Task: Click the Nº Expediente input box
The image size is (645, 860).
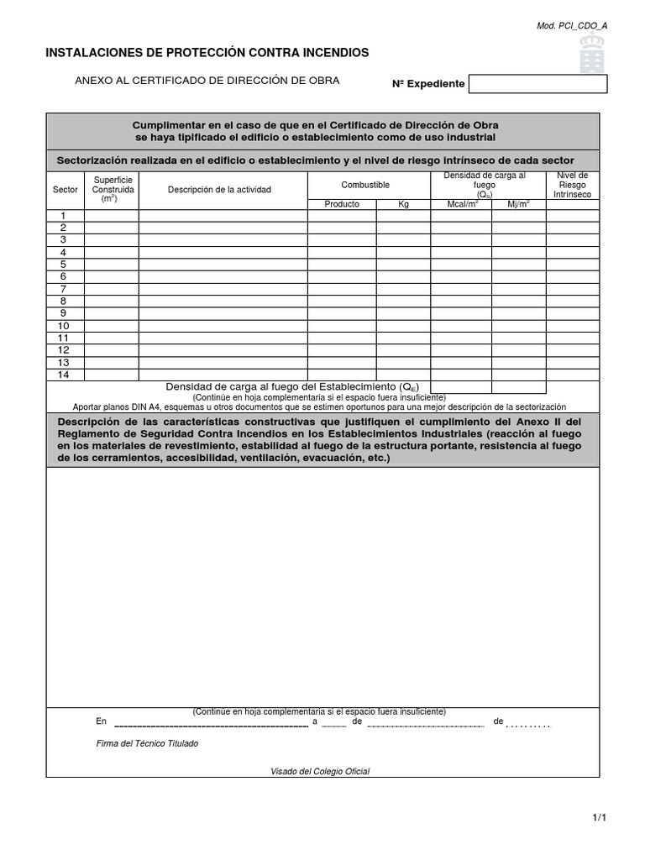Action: point(537,84)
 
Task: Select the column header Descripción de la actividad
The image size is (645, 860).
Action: point(219,190)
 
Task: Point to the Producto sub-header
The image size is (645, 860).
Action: point(342,204)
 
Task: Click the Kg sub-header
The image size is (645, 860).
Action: point(403,204)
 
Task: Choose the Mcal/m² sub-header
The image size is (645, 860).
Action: point(461,204)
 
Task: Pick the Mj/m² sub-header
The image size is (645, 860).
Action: point(518,204)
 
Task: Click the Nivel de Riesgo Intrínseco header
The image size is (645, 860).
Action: point(572,185)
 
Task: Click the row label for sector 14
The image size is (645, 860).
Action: point(63,375)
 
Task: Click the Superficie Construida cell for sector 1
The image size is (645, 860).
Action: point(112,216)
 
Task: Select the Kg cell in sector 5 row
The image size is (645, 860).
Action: point(403,265)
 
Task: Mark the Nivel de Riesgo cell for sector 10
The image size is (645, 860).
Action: point(573,326)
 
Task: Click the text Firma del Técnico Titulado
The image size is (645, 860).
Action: point(148,743)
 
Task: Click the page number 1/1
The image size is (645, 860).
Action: point(598,817)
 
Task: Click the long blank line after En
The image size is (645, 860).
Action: point(211,722)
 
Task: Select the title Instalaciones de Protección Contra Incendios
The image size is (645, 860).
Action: point(207,53)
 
